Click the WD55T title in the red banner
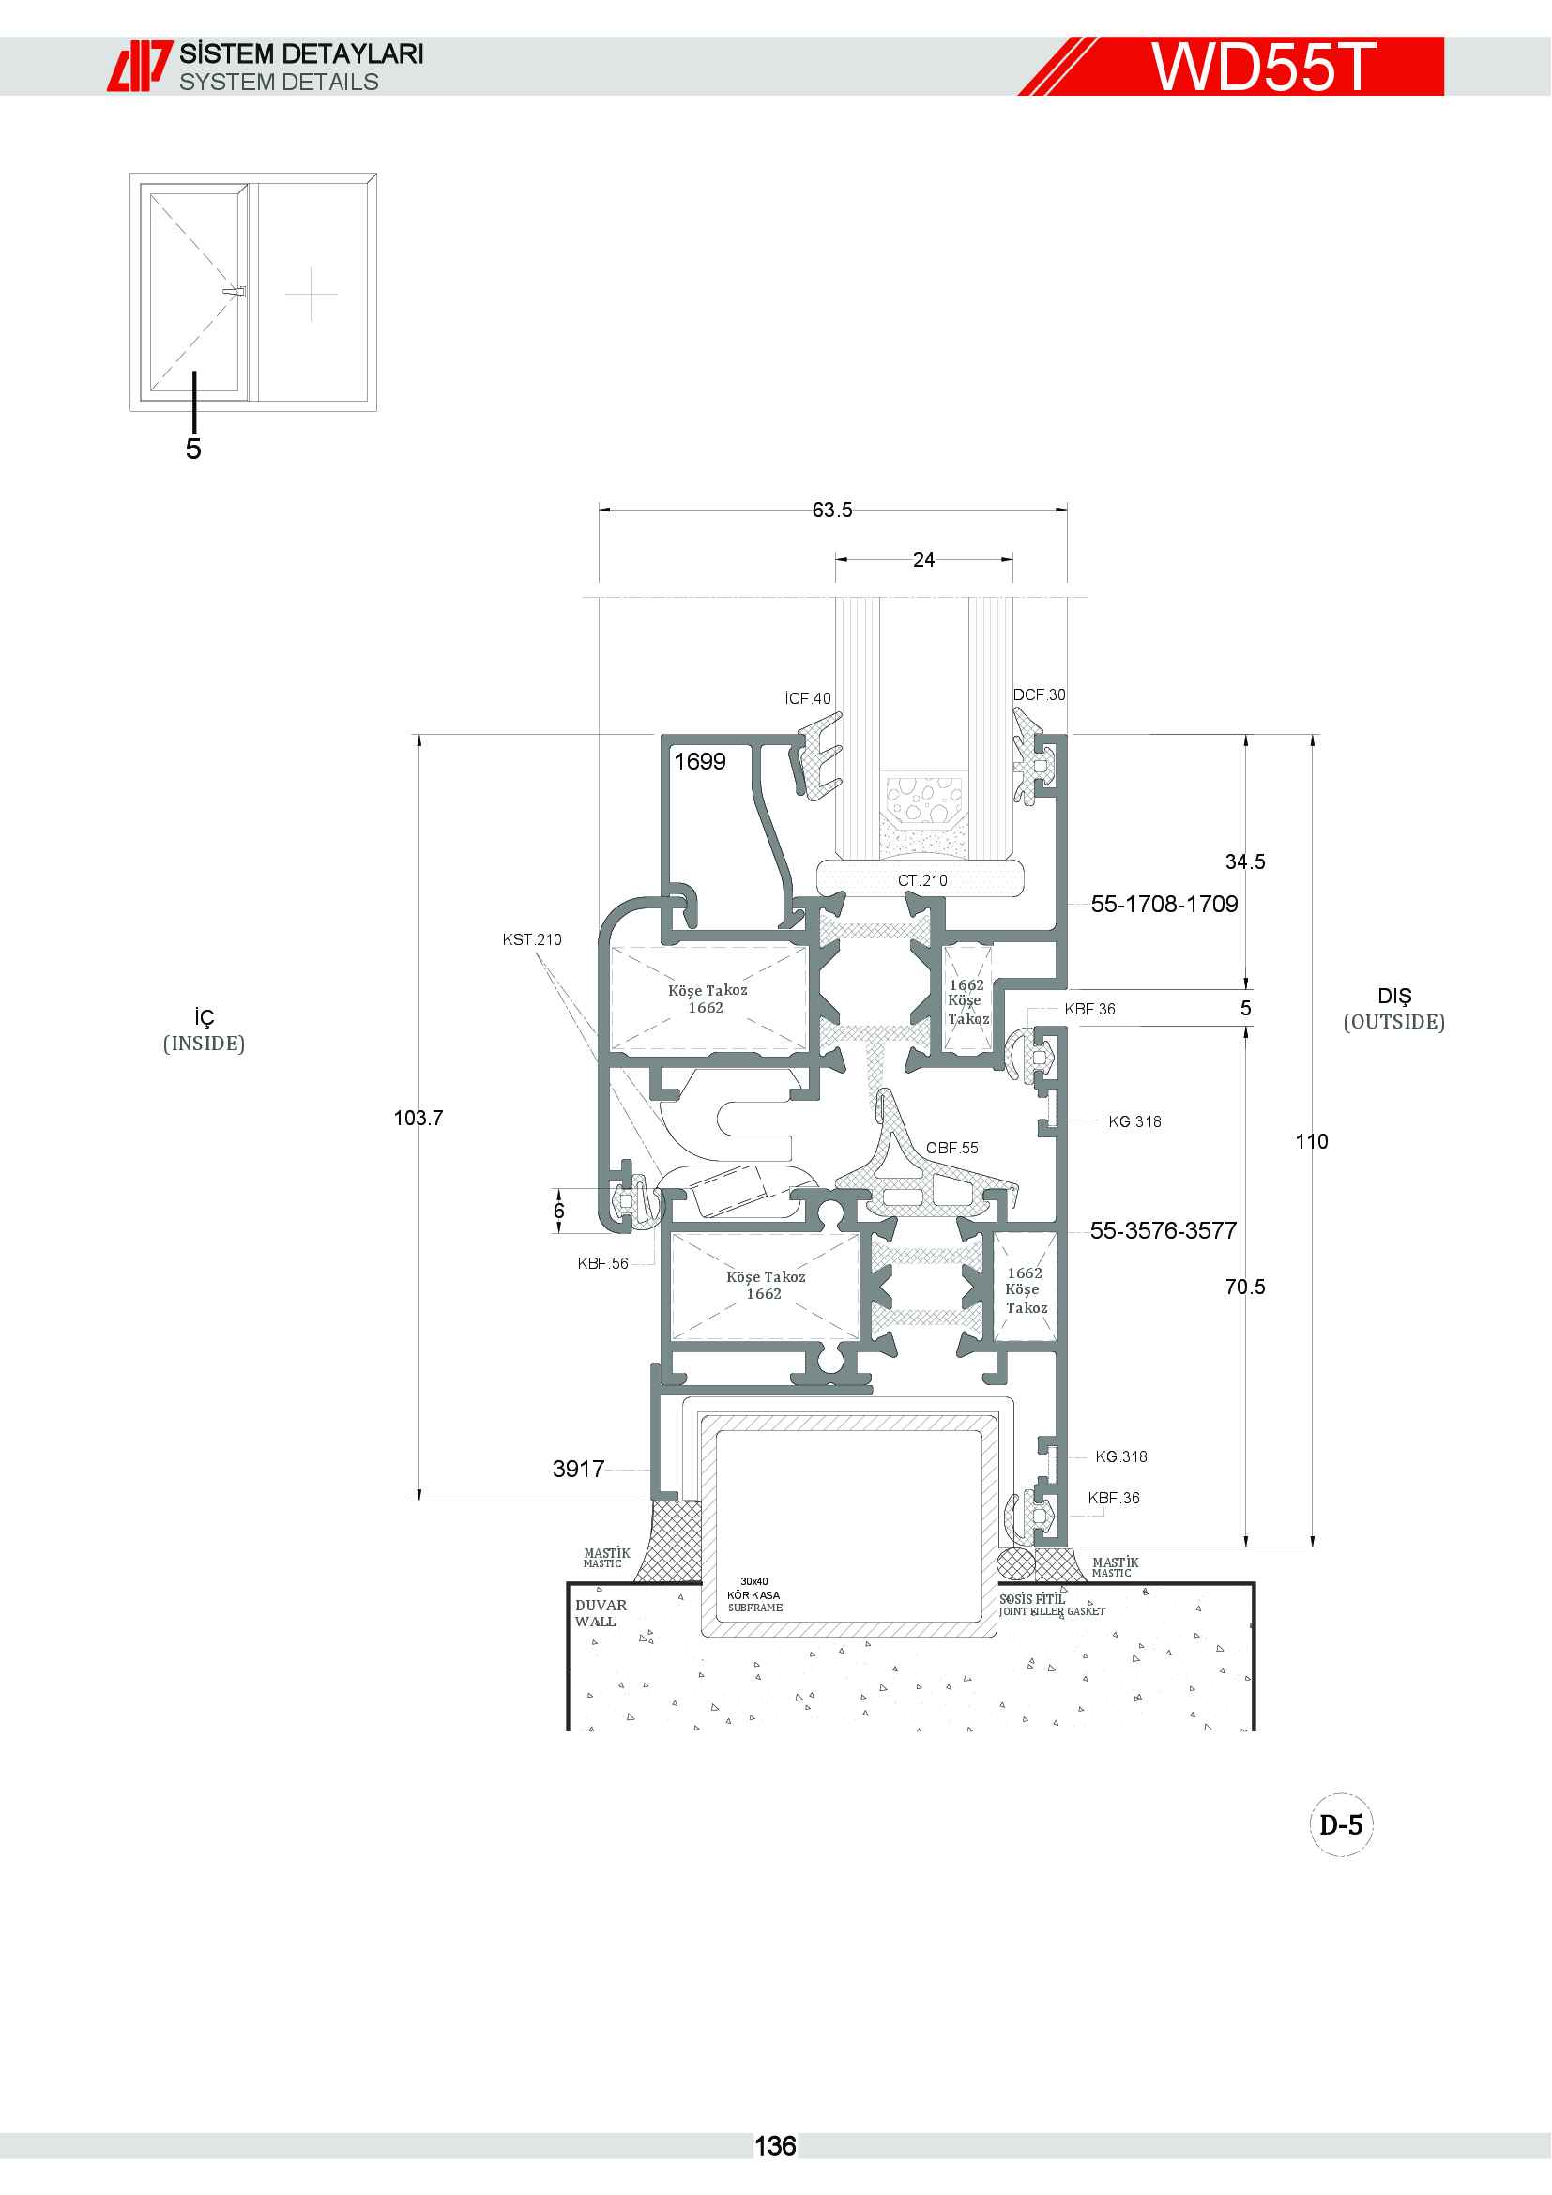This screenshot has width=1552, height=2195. [1262, 67]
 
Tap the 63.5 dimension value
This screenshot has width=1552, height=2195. [832, 511]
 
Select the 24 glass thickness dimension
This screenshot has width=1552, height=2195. [923, 560]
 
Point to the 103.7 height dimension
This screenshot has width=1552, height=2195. [418, 1118]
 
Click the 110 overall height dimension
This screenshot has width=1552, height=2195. [1311, 1141]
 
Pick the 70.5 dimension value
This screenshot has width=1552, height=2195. [1245, 1287]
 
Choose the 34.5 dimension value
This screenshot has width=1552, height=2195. [1245, 862]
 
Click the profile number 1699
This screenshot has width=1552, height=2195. [700, 761]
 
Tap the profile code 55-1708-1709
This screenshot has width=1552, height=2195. [1164, 904]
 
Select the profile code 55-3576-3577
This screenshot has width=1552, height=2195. [1163, 1230]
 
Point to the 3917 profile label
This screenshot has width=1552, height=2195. [578, 1470]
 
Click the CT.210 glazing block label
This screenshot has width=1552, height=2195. [922, 880]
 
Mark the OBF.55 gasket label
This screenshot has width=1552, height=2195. [951, 1148]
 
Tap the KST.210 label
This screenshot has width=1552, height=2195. [532, 939]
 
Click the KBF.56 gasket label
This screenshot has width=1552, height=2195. [603, 1264]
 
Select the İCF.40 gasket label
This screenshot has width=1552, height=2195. [808, 699]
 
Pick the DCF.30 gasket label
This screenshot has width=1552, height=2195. [1039, 695]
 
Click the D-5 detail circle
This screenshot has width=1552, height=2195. [1341, 1825]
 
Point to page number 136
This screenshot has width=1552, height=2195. [775, 2146]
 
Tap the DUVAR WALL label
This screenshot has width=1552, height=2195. [601, 1614]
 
